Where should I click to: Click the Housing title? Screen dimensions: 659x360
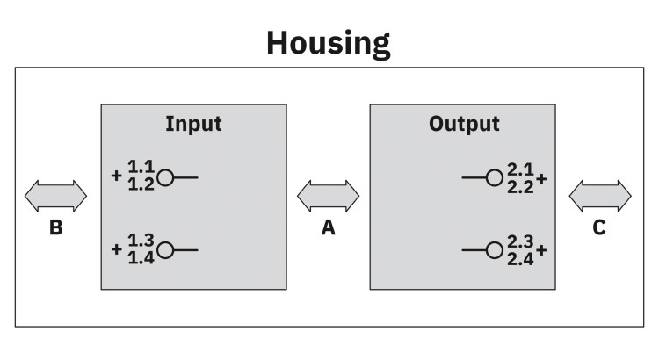point(329,43)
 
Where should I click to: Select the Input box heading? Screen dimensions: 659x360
point(193,125)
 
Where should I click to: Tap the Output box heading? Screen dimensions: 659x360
point(464,125)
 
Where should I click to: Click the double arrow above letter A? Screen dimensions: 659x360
point(329,196)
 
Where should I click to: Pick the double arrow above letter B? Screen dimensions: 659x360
point(55,196)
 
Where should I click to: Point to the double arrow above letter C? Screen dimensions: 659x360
point(600,196)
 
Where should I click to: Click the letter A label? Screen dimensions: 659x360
point(329,227)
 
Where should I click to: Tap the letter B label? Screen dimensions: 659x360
point(56,227)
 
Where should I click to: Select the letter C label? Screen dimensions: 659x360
point(599,227)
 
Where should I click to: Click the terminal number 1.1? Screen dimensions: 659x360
point(141,167)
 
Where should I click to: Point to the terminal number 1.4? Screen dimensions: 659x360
point(141,257)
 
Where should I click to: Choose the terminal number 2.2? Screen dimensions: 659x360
point(520,187)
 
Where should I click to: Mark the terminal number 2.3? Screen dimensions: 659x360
point(520,241)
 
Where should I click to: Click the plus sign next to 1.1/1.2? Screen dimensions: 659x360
point(116,176)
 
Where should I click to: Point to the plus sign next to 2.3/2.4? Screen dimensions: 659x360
point(541,250)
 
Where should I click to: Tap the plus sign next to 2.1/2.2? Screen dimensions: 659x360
point(541,179)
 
